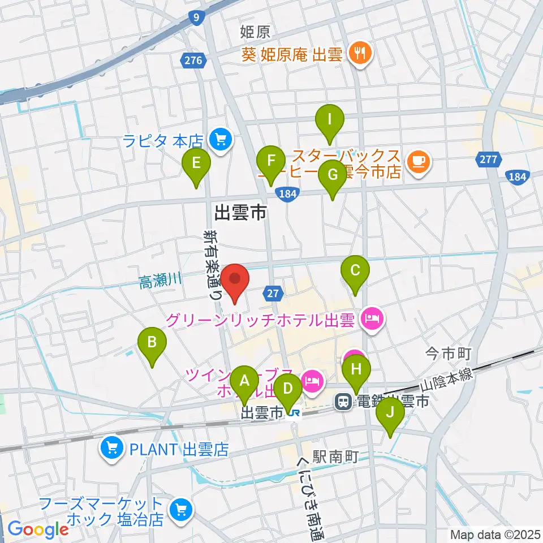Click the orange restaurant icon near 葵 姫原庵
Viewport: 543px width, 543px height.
point(359,54)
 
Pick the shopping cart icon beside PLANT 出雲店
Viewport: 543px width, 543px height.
point(112,450)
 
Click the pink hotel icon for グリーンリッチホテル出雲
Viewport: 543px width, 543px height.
point(373,321)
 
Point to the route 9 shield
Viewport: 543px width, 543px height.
point(196,19)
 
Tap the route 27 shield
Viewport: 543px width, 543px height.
point(273,292)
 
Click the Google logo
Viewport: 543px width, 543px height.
point(38,529)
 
